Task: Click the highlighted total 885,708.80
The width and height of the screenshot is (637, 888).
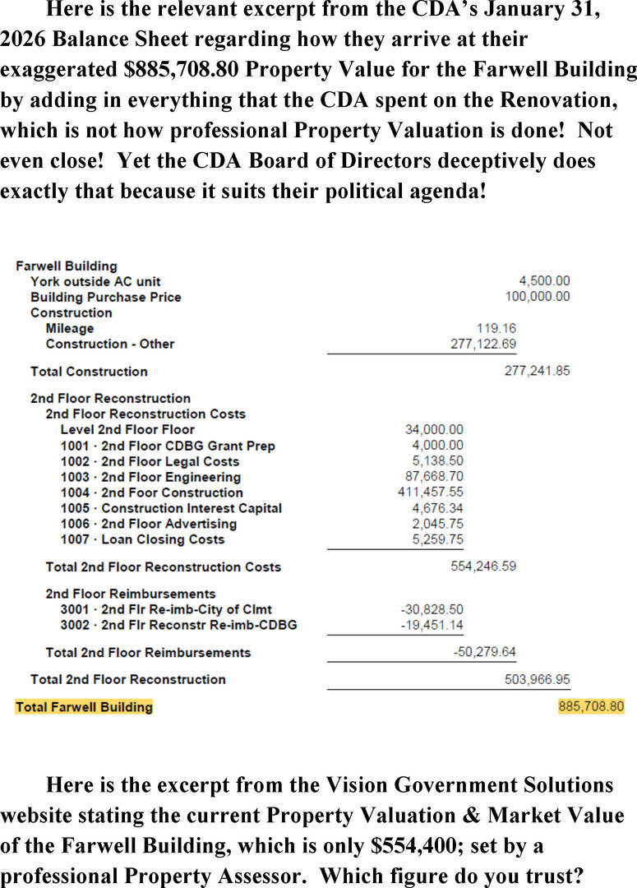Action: point(591,706)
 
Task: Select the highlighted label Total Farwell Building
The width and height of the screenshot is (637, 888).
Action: point(84,706)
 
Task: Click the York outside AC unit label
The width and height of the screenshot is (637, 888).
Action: point(95,281)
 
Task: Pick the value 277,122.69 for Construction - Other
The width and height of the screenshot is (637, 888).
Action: point(483,344)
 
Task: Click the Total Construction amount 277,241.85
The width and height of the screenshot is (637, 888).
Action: point(537,371)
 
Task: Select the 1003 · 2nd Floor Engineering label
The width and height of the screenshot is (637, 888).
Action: point(150,477)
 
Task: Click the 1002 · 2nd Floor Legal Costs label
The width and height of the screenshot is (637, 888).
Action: point(150,461)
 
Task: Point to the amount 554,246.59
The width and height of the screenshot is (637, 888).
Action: point(483,567)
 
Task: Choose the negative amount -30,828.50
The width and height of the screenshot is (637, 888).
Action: point(432,609)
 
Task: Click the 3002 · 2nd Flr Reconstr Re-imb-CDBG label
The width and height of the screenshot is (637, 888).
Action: point(178,625)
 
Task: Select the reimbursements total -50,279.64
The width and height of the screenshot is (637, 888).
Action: point(485,652)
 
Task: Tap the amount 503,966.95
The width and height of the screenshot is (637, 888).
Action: point(537,679)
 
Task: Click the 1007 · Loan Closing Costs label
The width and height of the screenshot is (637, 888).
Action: point(142,539)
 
